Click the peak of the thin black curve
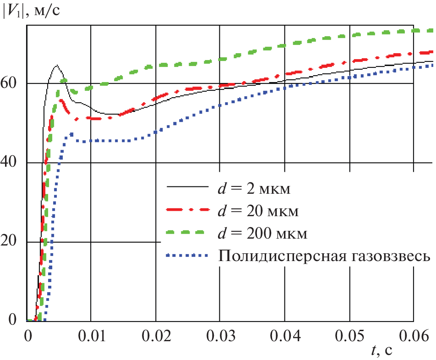[x=56, y=65]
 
